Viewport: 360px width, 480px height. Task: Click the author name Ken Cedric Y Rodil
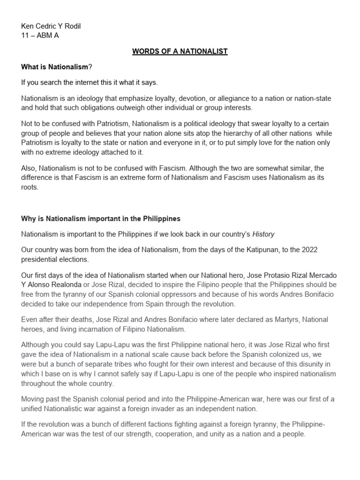[51, 26]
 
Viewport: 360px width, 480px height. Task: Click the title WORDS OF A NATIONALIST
[180, 51]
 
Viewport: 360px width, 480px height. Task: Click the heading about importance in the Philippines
[101, 218]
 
